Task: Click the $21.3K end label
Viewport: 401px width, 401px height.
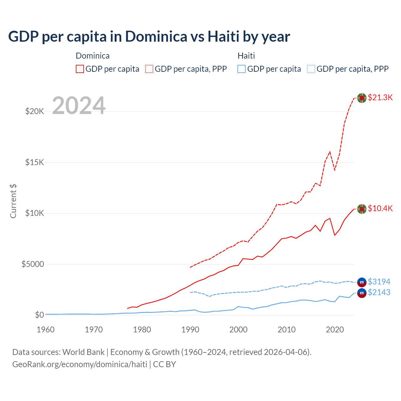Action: [380, 97]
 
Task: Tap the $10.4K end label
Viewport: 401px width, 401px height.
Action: [380, 208]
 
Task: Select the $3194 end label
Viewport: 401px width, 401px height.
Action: [379, 282]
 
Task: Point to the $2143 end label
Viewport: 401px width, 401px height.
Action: [379, 292]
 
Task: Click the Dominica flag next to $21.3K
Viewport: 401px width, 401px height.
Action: [362, 98]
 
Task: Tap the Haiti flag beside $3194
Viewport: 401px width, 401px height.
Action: [362, 282]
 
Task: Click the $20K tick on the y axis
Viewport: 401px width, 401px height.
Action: [34, 111]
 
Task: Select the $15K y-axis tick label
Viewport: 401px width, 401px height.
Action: [34, 162]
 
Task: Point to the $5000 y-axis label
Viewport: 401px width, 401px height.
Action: [33, 264]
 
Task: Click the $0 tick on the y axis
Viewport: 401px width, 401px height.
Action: [39, 315]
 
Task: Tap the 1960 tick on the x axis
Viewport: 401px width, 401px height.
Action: [45, 330]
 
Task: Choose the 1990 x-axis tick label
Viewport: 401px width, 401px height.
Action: [190, 330]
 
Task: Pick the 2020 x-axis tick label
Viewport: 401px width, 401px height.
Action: [335, 330]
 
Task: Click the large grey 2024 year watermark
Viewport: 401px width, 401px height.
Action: [79, 106]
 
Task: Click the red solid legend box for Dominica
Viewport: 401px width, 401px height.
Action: [80, 69]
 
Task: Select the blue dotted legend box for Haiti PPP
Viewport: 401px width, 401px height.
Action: [311, 69]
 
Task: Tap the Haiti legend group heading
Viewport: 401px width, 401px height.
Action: [246, 56]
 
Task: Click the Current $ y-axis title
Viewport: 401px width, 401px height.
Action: [13, 201]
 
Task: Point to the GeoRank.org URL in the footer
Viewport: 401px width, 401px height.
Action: [80, 364]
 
